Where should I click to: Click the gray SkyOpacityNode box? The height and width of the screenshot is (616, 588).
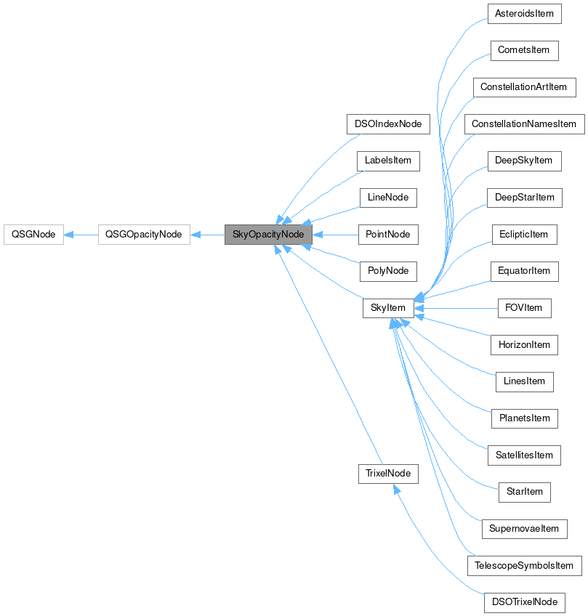point(268,235)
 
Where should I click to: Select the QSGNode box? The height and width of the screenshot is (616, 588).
point(33,235)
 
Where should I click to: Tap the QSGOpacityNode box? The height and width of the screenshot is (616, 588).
point(144,235)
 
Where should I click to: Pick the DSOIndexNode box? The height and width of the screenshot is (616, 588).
point(388,123)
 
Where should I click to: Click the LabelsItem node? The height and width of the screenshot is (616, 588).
point(388,161)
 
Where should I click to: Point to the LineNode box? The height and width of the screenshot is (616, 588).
point(388,198)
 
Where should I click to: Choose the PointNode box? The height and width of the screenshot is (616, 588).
point(388,235)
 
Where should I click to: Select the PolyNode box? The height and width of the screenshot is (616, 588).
point(388,271)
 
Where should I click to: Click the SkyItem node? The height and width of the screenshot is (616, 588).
point(388,308)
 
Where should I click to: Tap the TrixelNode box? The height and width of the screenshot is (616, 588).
point(388,474)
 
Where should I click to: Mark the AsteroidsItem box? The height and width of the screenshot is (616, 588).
point(523,14)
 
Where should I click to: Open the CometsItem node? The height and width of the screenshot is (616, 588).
point(523,50)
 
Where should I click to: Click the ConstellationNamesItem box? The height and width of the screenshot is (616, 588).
point(523,124)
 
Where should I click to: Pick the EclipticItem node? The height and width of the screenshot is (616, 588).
point(523,235)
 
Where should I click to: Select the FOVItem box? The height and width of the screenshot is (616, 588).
point(523,308)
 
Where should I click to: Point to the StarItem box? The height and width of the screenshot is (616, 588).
point(523,492)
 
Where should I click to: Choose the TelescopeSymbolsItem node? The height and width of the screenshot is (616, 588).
point(523,565)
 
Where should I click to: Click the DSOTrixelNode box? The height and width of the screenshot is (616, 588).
point(523,602)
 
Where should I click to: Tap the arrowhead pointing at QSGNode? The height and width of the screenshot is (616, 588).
point(69,235)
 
